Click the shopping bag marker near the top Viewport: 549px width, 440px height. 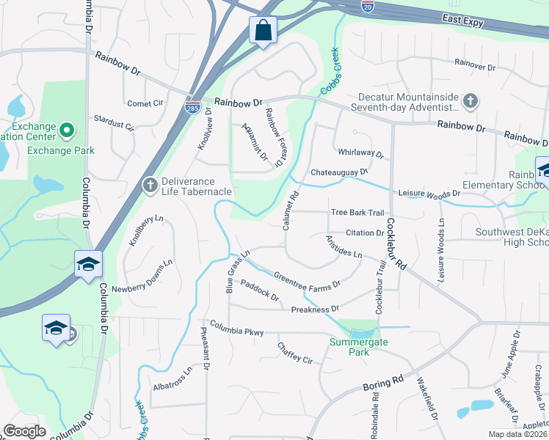263,31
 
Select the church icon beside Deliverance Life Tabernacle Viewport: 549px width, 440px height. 150,183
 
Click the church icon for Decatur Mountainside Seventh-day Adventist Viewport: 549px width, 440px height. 470,100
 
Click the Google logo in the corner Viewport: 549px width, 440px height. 23,431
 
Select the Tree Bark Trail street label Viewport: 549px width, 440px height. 357,213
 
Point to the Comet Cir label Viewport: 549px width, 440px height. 145,103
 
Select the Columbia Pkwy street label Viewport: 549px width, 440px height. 236,328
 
